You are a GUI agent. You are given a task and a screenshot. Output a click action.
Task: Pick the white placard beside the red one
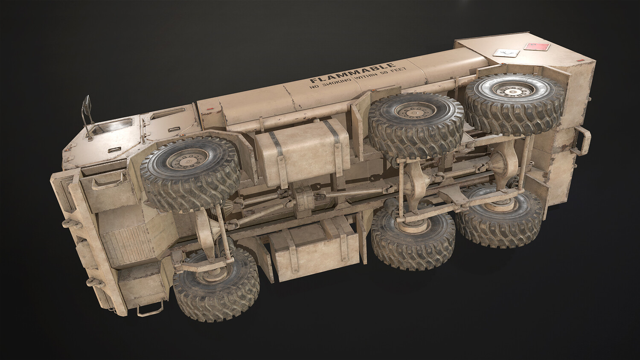coord(506,52)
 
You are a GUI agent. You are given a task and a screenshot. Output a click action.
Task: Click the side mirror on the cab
coord(87,105)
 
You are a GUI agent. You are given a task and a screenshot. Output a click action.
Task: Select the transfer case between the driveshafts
coord(305,198)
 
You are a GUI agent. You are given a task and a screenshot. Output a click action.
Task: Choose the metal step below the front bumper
coord(150,308)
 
